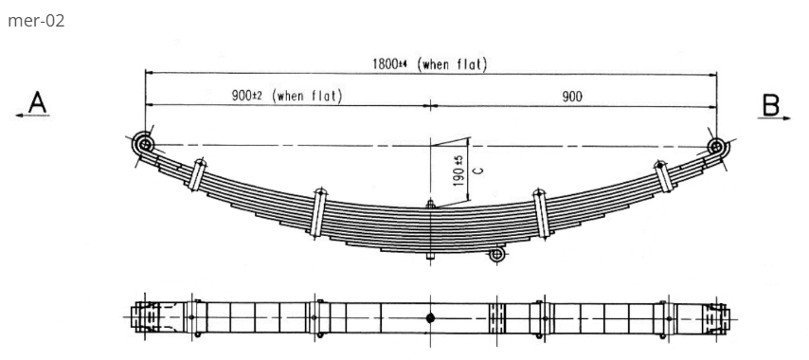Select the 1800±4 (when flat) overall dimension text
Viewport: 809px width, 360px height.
tap(429, 64)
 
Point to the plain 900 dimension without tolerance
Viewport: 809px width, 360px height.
tap(572, 96)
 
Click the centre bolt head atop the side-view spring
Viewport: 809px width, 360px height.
tap(430, 203)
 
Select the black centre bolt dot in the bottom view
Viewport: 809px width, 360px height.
tap(430, 317)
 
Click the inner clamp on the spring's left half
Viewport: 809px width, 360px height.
tap(319, 213)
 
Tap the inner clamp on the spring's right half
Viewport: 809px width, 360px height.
tap(541, 212)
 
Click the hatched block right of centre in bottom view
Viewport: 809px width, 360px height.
tap(496, 317)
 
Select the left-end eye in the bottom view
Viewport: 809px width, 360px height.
tap(145, 317)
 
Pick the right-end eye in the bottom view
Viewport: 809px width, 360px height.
tap(715, 317)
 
